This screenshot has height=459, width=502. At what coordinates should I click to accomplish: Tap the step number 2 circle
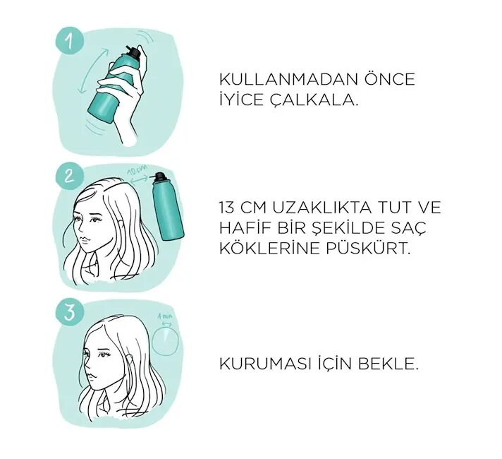[x=70, y=177]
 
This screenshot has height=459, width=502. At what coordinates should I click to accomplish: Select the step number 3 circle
[x=70, y=312]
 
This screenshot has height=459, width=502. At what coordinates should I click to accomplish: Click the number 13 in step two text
[x=227, y=208]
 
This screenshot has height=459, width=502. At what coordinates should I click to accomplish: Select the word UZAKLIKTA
[x=322, y=208]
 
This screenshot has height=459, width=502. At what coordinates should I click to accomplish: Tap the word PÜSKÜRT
[x=368, y=248]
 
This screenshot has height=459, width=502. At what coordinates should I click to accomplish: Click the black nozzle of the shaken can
[x=133, y=52]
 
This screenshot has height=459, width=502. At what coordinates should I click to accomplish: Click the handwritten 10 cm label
[x=138, y=169]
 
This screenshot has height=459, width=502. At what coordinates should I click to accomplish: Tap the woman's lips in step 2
[x=83, y=239]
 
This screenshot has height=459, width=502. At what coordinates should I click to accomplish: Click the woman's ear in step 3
[x=130, y=359]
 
